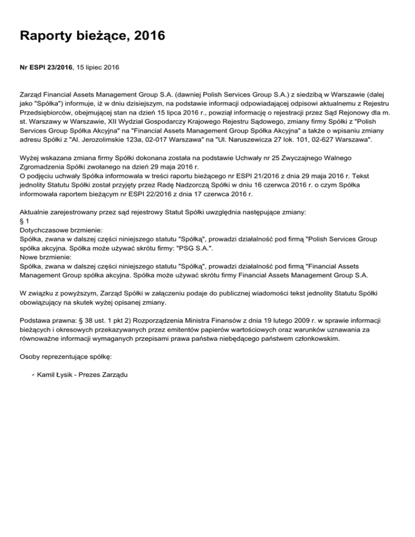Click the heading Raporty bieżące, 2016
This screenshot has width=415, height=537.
[92, 37]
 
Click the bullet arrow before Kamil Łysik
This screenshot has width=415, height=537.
[32, 375]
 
